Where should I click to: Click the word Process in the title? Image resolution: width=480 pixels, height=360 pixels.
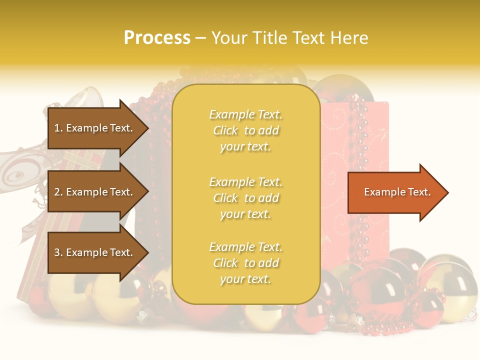coord(157,38)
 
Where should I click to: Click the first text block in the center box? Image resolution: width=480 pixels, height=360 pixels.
coord(245,130)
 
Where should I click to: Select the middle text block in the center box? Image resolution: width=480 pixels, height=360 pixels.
coord(245,198)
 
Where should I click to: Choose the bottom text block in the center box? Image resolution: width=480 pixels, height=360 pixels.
coord(245,263)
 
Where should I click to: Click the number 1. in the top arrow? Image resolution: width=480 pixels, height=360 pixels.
coord(58,128)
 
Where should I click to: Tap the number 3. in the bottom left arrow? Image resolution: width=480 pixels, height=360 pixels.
coord(58,252)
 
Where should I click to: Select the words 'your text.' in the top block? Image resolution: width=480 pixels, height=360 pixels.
coord(245,147)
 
